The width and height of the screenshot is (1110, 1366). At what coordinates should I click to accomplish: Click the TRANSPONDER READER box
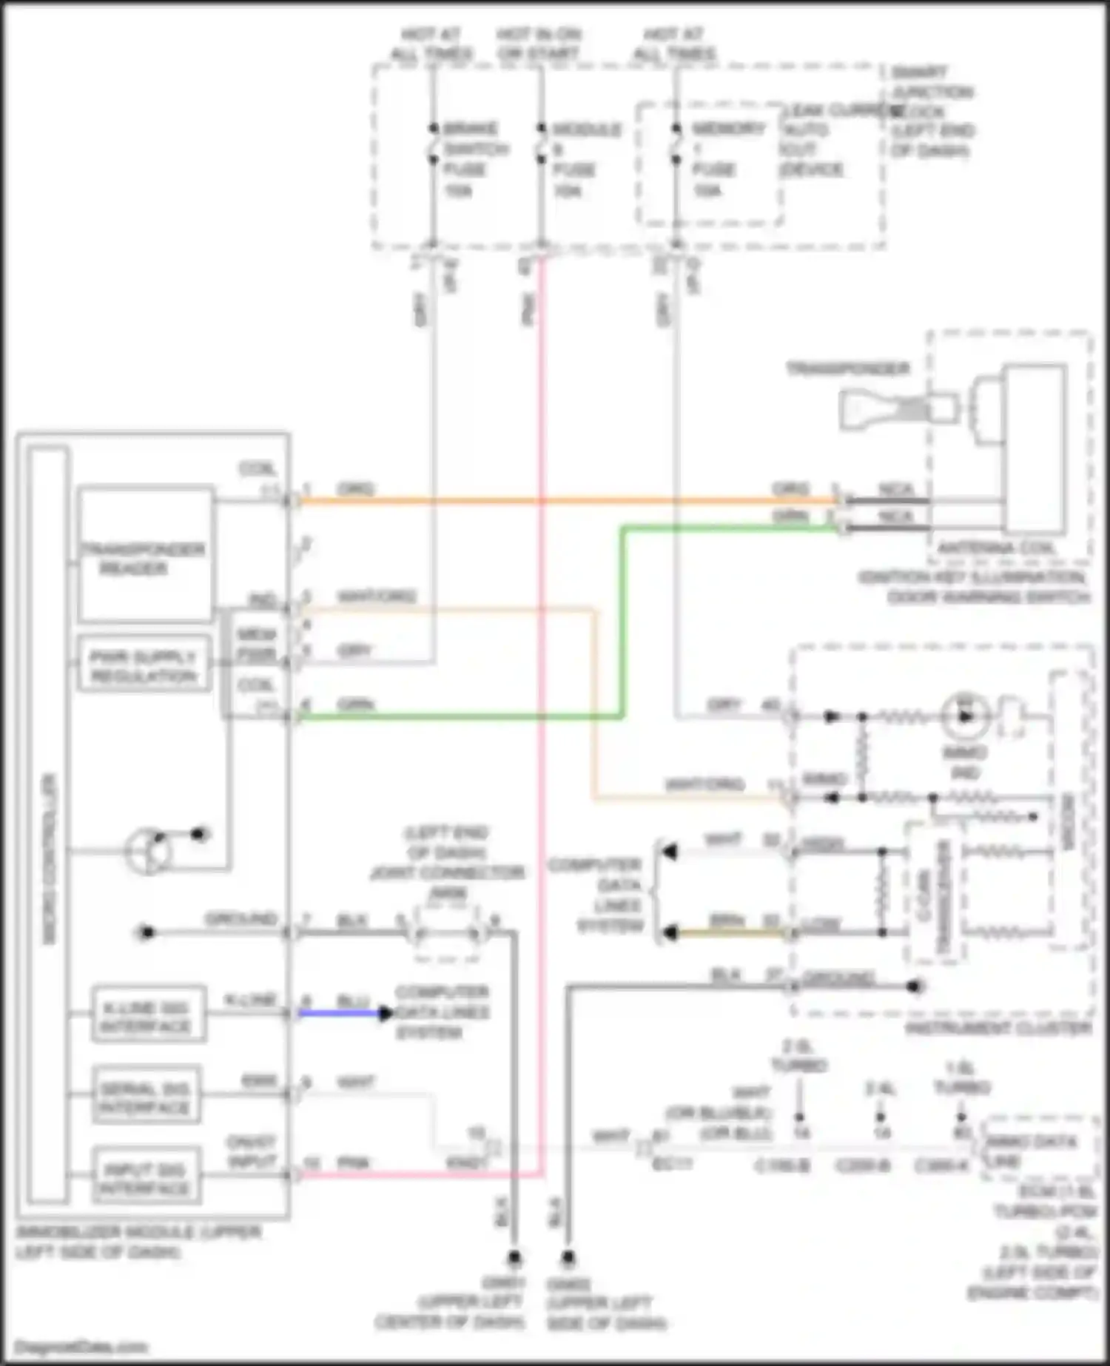(x=145, y=554)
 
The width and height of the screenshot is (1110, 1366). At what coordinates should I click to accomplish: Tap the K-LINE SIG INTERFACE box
(x=148, y=1015)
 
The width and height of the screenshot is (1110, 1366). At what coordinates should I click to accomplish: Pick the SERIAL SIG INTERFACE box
(x=147, y=1095)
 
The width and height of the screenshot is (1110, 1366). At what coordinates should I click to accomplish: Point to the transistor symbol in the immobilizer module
(x=148, y=851)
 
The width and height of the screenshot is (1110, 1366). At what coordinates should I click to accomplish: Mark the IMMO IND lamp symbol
(x=965, y=716)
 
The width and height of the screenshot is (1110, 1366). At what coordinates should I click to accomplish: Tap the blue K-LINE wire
(x=340, y=1013)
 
